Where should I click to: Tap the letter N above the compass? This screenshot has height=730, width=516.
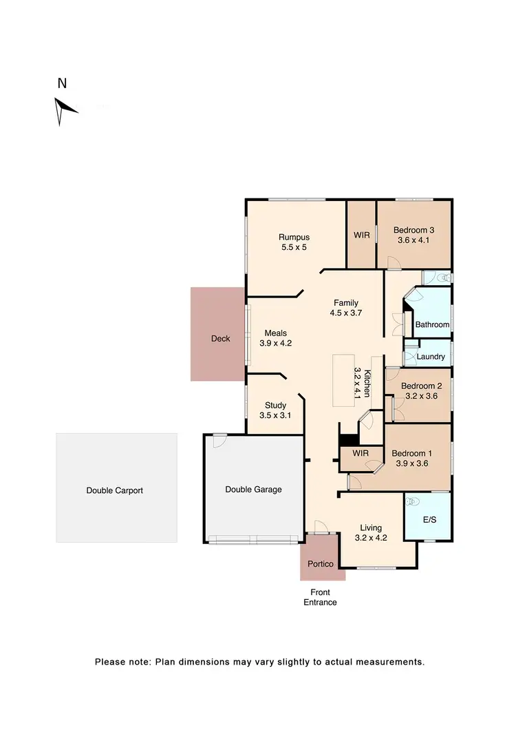pos(62,84)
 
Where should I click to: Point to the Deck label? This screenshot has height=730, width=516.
pos(220,338)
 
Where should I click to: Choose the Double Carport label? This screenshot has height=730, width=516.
pos(114,491)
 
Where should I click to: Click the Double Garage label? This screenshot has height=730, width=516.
pos(253,490)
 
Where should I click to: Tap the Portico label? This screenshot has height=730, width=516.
pos(320,564)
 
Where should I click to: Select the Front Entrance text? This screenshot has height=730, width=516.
pos(320,597)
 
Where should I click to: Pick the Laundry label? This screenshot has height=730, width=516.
pos(431,357)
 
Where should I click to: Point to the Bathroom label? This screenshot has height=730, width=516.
pos(432,324)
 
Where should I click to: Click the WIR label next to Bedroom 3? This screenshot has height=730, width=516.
pos(362,236)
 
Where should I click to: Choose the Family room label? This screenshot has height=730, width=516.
pos(346,302)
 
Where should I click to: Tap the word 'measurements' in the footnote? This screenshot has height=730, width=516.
pos(389,663)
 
